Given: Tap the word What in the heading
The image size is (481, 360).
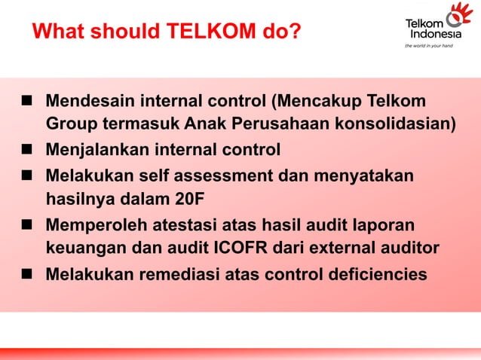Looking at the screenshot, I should coord(58,32).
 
